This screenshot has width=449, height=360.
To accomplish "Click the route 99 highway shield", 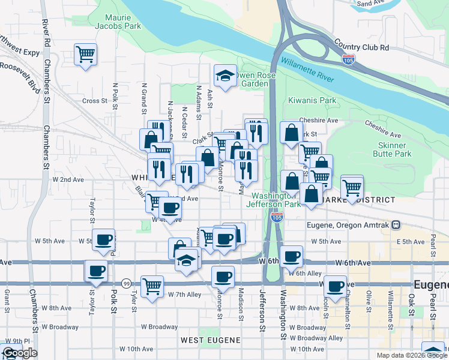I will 126,283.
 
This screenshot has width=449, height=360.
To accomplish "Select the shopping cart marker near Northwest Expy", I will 85,54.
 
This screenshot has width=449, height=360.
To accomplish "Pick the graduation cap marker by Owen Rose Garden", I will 225,76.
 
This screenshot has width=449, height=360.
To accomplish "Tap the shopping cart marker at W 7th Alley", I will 152,284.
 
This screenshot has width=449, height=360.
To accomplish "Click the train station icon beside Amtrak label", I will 396,225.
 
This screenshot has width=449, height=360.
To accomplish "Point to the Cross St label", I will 94,101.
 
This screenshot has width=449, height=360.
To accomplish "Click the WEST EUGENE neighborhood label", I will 211,340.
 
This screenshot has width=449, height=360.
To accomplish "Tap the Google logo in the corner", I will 19,353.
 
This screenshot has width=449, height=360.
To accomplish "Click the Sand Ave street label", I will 370,4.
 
